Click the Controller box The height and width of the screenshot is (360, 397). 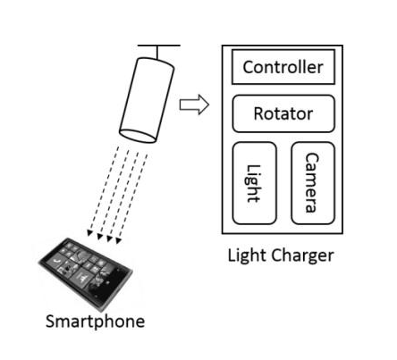pos(283,67)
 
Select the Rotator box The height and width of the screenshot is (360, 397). pos(283,113)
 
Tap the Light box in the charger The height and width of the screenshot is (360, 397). pos(254,183)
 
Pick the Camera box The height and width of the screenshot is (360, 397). pos(313,183)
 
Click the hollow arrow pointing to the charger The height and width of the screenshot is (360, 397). pos(194,105)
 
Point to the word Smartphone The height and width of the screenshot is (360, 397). pos(96,322)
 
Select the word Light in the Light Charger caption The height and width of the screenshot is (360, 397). pos(248,255)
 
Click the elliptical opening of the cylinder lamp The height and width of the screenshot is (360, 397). pos(138,137)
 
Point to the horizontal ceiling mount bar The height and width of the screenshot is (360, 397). pos(159,46)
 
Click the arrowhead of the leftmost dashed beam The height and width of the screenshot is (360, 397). pos(89,233)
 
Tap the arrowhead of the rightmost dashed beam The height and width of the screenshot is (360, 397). pos(118,240)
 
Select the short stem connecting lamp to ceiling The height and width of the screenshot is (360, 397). pos(157,53)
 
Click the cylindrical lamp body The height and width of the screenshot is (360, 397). pos(147,100)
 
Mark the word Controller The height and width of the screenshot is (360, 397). pos(283,67)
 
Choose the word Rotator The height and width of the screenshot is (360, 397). pos(283,113)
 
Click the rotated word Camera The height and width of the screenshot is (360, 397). pos(312,183)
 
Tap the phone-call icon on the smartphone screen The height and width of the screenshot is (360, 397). pos(55,261)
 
